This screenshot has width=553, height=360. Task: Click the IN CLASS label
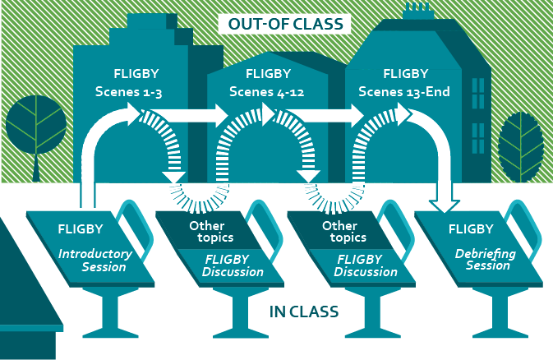point(304,312)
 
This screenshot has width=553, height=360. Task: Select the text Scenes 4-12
point(267,92)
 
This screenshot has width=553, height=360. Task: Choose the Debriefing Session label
point(485,260)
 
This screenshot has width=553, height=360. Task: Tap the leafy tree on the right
point(521,141)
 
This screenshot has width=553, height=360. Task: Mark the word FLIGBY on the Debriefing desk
point(472,228)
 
